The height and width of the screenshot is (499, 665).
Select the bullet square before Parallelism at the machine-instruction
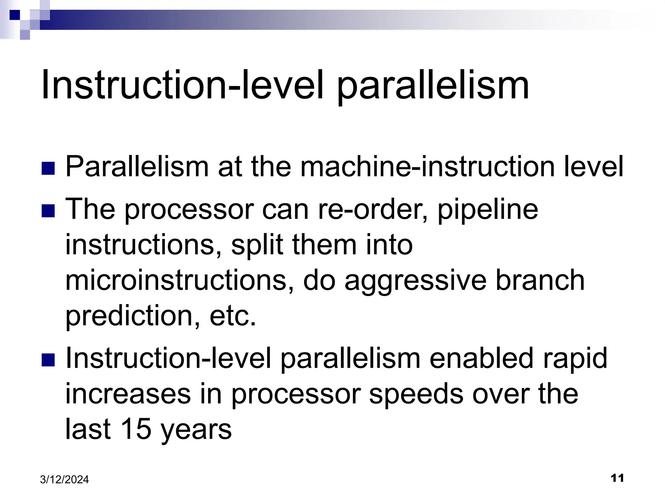[x=48, y=169]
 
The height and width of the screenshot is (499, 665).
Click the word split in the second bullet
[x=257, y=245]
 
